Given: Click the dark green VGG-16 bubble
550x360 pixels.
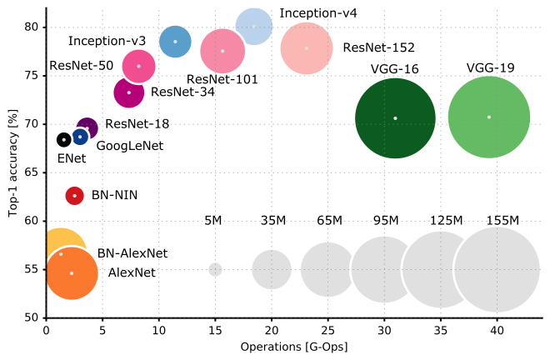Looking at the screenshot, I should [395, 117].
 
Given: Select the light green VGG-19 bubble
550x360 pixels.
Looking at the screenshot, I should [489, 117].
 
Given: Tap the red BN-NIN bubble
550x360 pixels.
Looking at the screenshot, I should [75, 195].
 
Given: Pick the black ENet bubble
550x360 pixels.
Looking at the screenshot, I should [63, 139].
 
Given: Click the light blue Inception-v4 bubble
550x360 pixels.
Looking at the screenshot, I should [253, 27].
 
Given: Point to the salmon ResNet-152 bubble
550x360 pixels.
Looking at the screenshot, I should [307, 48].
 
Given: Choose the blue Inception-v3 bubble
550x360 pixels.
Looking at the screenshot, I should [175, 41].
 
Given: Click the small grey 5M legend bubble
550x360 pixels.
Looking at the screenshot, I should [215, 269].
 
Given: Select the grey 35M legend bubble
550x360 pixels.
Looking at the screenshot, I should [272, 269].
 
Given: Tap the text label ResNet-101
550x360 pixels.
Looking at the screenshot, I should [222, 80].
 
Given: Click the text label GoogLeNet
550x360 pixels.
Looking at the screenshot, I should [130, 146].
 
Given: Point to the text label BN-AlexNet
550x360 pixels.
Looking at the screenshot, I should [132, 252].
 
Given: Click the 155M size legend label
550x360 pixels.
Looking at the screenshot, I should [502, 220].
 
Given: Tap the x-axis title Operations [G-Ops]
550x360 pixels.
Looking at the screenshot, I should [293, 346].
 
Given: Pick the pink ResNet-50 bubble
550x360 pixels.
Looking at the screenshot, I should [138, 66].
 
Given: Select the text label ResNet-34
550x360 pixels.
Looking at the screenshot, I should [182, 92].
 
